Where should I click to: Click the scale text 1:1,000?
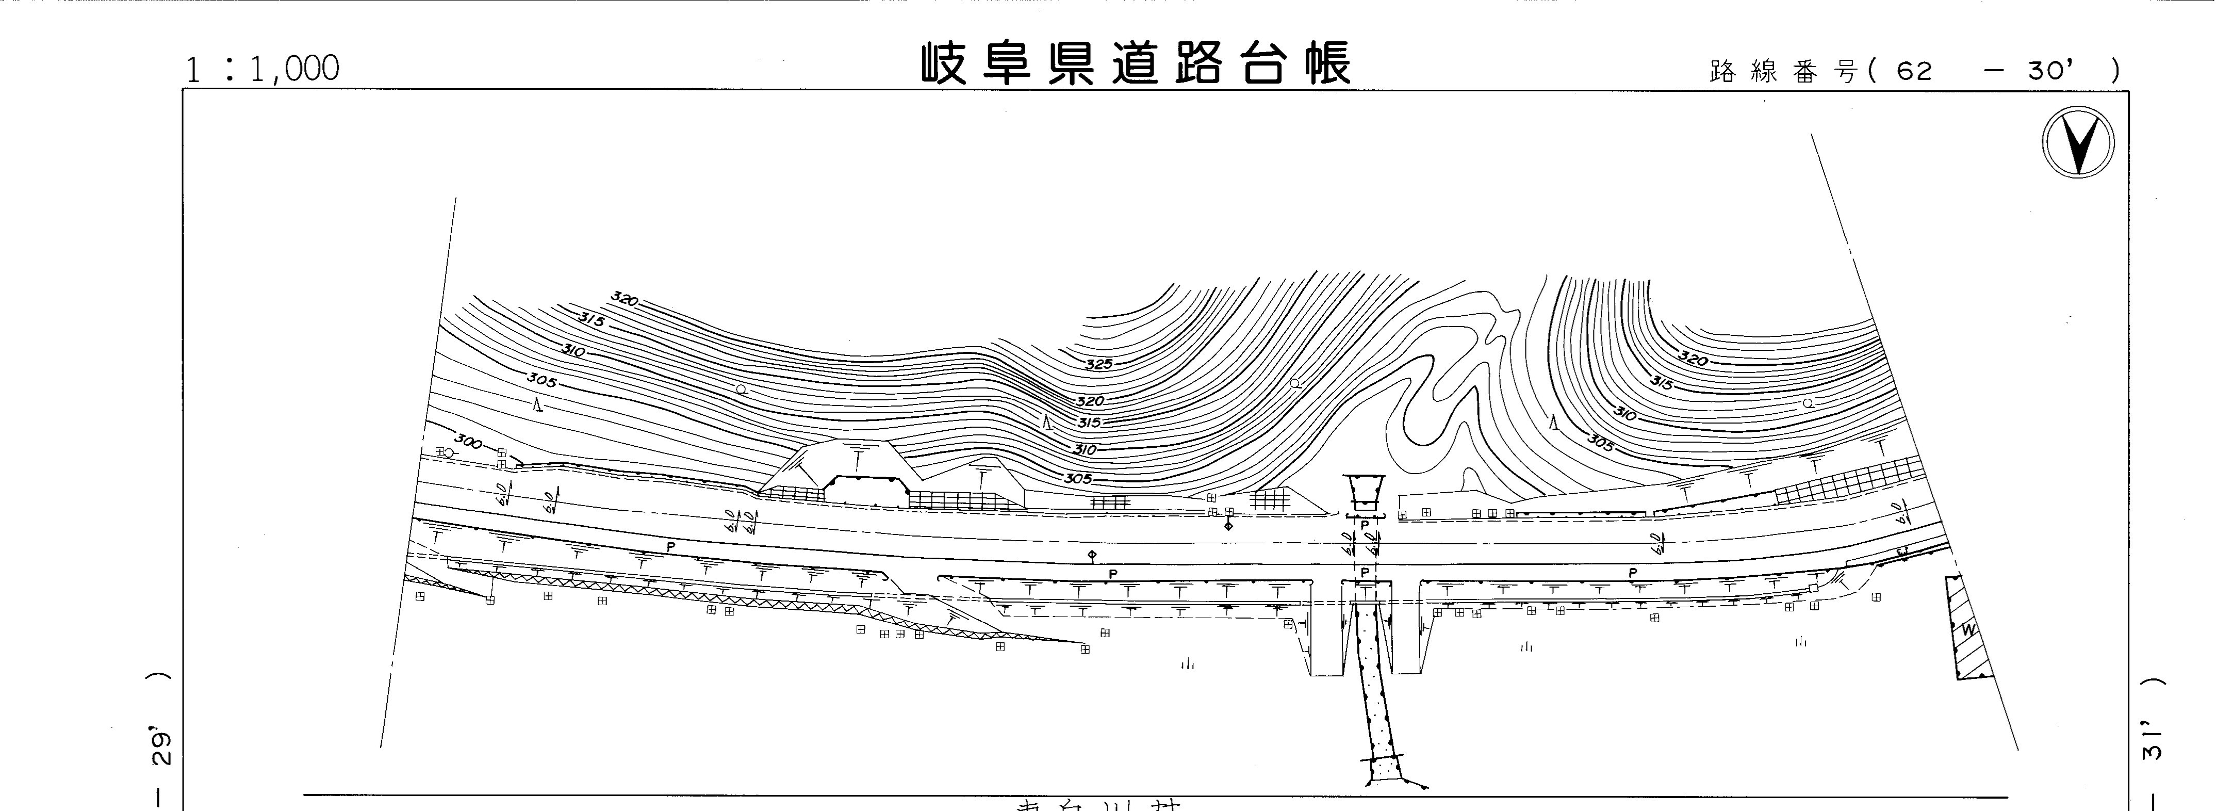[x=262, y=69]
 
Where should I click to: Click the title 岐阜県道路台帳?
[x=1136, y=63]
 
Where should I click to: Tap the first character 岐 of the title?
[x=949, y=63]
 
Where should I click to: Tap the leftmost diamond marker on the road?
[x=1092, y=555]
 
